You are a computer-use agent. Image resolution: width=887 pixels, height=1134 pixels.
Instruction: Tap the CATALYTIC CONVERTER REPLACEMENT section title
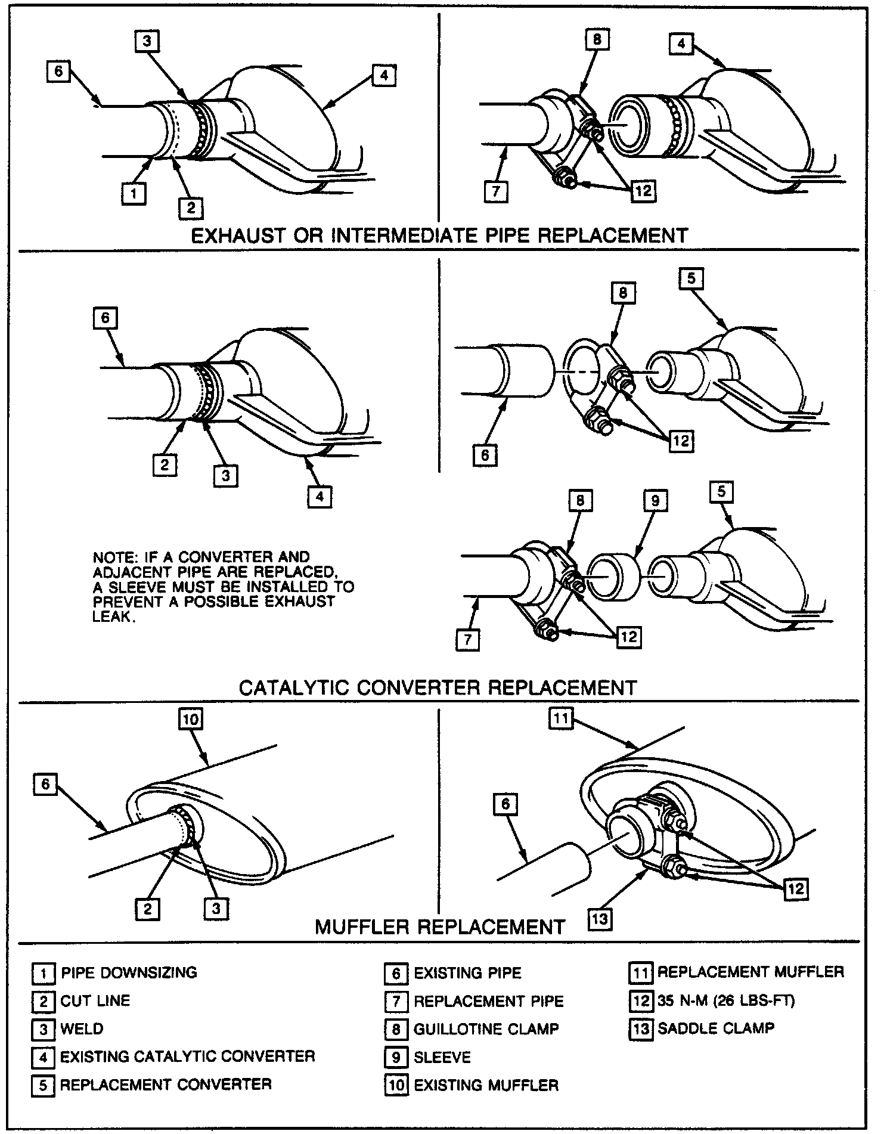(438, 687)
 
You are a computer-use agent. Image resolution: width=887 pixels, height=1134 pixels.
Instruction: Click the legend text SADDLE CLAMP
(716, 1028)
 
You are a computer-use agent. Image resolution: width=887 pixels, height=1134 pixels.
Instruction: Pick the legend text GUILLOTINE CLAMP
(486, 1028)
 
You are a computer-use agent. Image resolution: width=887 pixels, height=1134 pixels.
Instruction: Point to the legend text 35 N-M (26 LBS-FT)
(726, 1000)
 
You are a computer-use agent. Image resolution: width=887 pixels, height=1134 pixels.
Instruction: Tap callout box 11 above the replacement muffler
(561, 719)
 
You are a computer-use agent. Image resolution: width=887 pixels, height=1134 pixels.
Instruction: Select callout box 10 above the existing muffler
(190, 720)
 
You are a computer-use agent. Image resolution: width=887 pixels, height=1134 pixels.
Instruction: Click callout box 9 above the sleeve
(655, 501)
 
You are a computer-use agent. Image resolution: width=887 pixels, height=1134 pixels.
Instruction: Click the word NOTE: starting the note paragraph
(114, 557)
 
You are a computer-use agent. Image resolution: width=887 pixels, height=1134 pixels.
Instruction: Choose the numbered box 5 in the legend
(42, 1085)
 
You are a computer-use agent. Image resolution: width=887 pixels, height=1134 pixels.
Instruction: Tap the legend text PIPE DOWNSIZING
(128, 972)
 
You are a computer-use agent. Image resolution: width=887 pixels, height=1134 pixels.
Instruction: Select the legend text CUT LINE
(95, 1000)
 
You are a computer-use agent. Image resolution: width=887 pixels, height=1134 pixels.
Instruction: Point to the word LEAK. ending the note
(111, 616)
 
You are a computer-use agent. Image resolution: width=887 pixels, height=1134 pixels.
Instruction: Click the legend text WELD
(82, 1028)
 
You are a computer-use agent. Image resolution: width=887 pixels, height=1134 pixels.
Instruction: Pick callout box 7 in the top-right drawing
(496, 193)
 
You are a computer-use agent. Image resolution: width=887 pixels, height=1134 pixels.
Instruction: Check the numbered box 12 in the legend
(641, 1000)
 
